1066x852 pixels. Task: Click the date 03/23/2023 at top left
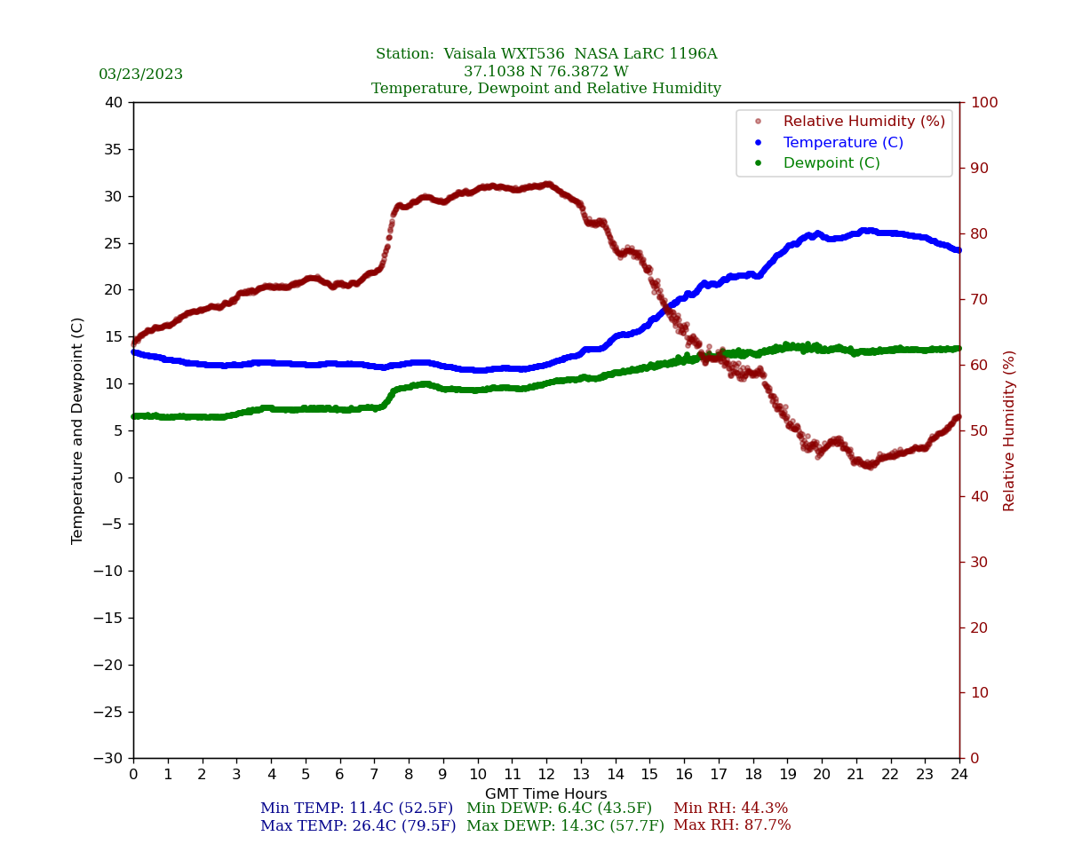point(140,75)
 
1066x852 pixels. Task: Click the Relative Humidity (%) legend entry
point(863,122)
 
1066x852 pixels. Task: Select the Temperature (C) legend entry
point(842,143)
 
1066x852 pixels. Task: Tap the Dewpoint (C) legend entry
point(831,163)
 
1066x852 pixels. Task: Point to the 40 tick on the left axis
point(114,103)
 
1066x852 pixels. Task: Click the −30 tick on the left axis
point(109,759)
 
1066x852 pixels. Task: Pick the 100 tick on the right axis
point(983,103)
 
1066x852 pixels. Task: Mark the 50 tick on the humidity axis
point(979,430)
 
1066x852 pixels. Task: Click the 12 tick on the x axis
point(546,775)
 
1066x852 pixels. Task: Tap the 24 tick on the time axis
point(959,775)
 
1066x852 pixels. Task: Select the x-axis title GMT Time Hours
point(546,794)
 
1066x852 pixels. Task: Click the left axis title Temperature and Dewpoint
point(78,430)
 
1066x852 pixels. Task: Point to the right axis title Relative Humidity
point(1009,430)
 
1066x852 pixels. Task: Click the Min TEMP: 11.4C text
point(356,809)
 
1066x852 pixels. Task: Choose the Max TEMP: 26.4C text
point(357,826)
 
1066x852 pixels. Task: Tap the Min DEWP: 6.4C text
point(559,809)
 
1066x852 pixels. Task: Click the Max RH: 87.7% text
point(732,825)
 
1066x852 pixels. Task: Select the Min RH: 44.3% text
point(730,809)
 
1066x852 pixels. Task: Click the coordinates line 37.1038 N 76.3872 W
point(545,72)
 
